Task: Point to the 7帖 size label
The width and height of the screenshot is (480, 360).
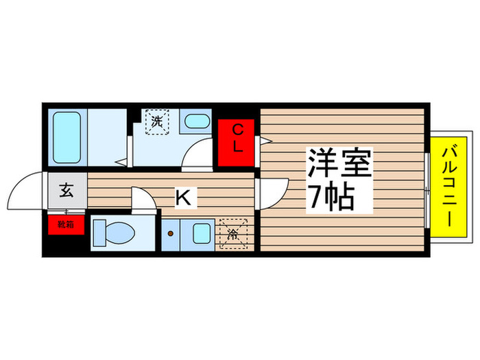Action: coord(331,198)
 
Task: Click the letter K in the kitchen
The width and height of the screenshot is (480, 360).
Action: coord(183,198)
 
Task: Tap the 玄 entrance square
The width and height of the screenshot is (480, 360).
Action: coord(66,190)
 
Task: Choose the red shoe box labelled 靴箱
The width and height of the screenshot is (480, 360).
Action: coord(66,224)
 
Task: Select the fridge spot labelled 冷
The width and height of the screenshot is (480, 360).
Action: coord(232,233)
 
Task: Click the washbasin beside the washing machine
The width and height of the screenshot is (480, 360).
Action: coord(197,123)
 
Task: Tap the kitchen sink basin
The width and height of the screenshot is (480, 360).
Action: coord(201,233)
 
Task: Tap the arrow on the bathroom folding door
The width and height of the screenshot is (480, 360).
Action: coord(120,163)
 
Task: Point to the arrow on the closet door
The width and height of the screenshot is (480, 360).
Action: coord(262,142)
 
